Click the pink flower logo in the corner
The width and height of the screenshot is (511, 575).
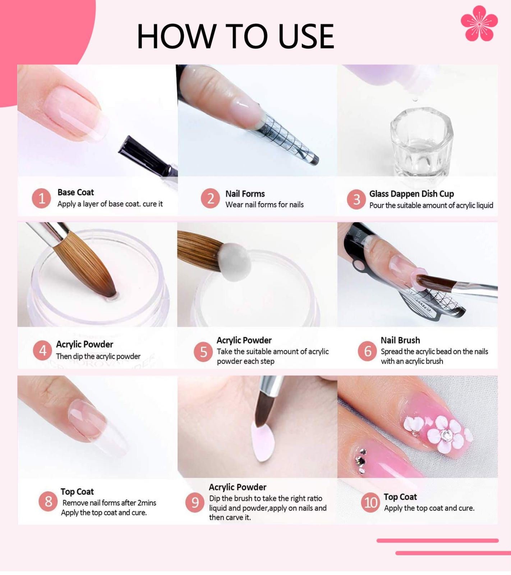479,23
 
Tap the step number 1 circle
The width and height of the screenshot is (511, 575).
41,198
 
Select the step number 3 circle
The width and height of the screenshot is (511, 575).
356,199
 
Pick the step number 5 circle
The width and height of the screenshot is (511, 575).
203,352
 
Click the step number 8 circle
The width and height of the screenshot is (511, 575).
48,502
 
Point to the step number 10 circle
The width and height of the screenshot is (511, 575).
370,502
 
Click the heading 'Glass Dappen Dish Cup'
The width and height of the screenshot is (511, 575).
411,194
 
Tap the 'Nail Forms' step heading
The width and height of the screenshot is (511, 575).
245,194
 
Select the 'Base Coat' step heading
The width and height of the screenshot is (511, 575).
75,192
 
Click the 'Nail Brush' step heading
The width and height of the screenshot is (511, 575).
400,340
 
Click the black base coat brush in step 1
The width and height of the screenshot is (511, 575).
147,155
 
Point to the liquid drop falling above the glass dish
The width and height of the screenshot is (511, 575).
415,98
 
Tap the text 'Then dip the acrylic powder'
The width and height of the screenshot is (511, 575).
98,356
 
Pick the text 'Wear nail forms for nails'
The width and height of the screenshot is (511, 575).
264,204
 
